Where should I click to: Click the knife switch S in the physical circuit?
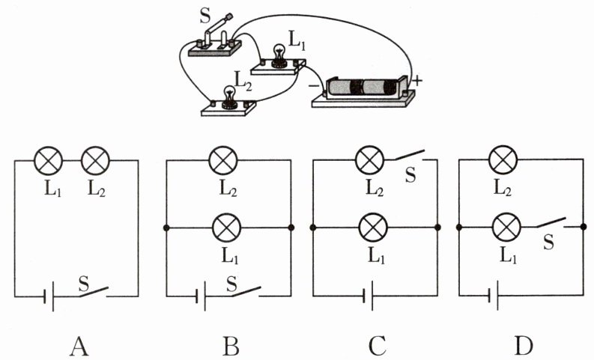click(214, 40)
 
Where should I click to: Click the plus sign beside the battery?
click(416, 81)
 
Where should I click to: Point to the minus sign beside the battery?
click(314, 86)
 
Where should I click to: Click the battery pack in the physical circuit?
click(363, 91)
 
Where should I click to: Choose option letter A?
click(79, 346)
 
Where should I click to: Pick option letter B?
click(230, 346)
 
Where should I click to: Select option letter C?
click(378, 346)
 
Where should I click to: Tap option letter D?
click(524, 346)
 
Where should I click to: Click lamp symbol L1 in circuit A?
click(48, 160)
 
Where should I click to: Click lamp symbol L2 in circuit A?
click(95, 160)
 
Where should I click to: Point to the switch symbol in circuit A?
click(93, 292)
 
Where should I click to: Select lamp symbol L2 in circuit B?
click(223, 160)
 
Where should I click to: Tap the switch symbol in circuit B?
click(246, 292)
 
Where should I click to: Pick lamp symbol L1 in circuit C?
click(373, 228)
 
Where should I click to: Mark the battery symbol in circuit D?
click(493, 296)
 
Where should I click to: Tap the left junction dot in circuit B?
click(166, 228)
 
